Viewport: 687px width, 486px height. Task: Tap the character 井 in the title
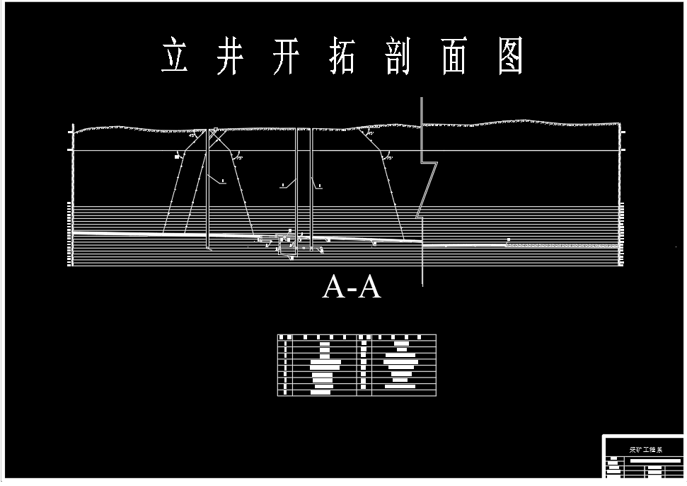(229, 57)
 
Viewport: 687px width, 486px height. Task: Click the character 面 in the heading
(454, 57)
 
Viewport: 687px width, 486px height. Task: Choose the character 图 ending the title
(510, 57)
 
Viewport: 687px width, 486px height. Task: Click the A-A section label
(352, 287)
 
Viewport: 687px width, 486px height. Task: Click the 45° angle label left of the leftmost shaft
(192, 135)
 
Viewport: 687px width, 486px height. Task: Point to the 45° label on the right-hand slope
(369, 132)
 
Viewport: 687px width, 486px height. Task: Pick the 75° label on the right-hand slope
(388, 157)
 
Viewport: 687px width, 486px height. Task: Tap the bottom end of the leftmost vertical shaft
(208, 248)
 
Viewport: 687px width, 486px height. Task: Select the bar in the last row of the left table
(322, 391)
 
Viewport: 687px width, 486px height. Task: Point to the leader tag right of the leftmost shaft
(222, 182)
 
